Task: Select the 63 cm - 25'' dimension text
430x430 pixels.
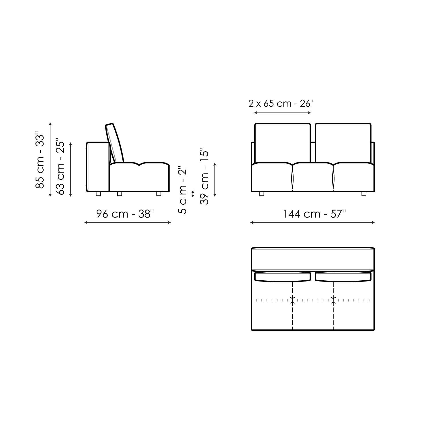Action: tap(60, 167)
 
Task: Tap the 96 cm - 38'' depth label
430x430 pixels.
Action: tap(125, 214)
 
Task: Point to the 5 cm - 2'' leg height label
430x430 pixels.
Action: tap(182, 190)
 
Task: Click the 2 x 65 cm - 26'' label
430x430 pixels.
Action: tap(281, 103)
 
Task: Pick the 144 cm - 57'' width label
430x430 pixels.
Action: tap(314, 214)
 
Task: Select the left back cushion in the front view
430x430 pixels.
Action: tap(283, 143)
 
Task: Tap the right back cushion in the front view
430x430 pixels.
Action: tap(343, 143)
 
